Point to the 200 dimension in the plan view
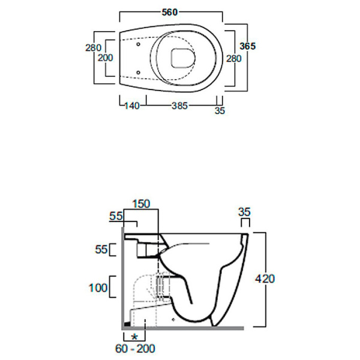coord(106,58)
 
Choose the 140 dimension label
coord(131,106)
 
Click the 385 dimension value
coord(180,106)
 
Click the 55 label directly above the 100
coord(100,248)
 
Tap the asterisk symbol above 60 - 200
coord(134,336)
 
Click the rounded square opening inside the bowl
coord(181,58)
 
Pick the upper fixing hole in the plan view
coord(139,43)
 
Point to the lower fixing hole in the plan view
coord(139,73)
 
